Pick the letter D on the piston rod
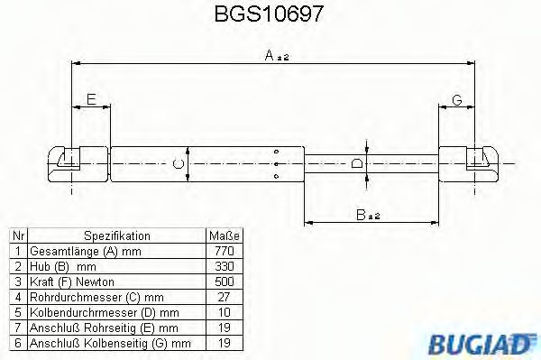pyautogui.click(x=358, y=163)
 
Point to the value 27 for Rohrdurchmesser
pyautogui.click(x=226, y=297)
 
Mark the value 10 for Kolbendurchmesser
pyautogui.click(x=226, y=312)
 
